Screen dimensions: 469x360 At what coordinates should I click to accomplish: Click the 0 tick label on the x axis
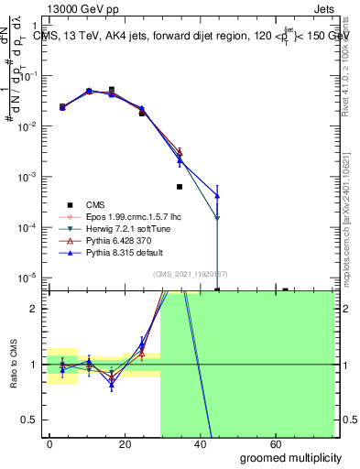49,442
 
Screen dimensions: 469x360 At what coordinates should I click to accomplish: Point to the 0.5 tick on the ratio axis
33,420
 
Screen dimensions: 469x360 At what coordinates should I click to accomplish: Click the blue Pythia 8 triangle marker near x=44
217,195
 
